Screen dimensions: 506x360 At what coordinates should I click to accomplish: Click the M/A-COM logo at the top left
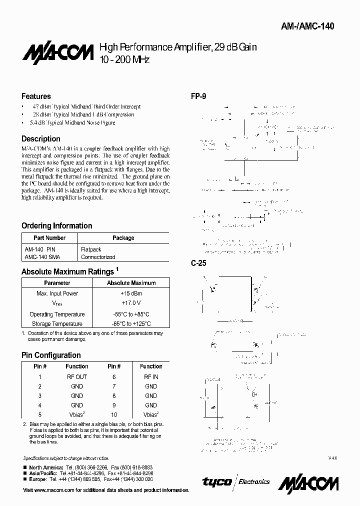pyautogui.click(x=57, y=52)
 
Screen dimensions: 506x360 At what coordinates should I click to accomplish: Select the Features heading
pyautogui.click(x=36, y=96)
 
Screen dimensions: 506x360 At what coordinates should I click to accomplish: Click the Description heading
pyautogui.click(x=41, y=138)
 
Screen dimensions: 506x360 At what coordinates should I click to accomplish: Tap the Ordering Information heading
pyautogui.click(x=56, y=225)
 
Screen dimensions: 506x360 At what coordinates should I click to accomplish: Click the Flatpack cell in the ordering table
pyautogui.click(x=91, y=249)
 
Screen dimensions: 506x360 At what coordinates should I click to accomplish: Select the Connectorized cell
pyautogui.click(x=98, y=257)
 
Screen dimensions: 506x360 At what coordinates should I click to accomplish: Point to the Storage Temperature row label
pyautogui.click(x=57, y=324)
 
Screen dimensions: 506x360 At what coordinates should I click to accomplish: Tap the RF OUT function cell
pyautogui.click(x=77, y=376)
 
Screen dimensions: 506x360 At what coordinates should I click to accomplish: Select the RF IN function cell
pyautogui.click(x=151, y=376)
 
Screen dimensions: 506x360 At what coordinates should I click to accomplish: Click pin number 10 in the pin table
pyautogui.click(x=114, y=414)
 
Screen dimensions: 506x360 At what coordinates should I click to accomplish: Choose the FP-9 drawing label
pyautogui.click(x=198, y=96)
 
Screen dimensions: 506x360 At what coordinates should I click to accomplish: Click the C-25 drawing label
pyautogui.click(x=198, y=263)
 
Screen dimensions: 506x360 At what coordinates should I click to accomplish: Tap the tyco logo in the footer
pyautogui.click(x=216, y=481)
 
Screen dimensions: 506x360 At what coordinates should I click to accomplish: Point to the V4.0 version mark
pyautogui.click(x=332, y=458)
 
